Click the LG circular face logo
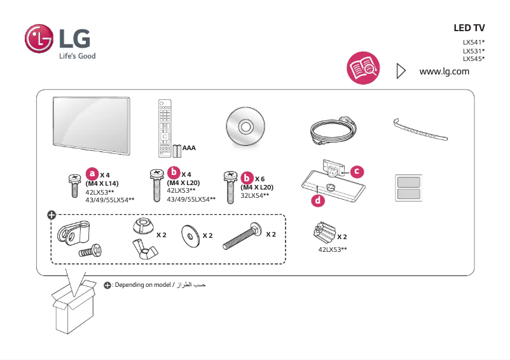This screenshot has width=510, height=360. click(39, 39)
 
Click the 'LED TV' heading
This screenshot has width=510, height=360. click(469, 29)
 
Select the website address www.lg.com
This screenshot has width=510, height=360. click(445, 71)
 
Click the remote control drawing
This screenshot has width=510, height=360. click(165, 127)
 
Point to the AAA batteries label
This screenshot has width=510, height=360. click(189, 148)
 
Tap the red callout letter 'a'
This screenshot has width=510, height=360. click(92, 173)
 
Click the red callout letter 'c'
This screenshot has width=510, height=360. click(357, 171)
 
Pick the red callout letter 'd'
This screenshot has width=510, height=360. click(317, 201)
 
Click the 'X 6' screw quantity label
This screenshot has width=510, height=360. click(260, 179)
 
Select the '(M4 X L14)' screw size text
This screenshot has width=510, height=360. click(102, 183)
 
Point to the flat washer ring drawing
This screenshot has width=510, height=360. click(190, 235)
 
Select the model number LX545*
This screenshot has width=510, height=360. click(474, 59)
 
